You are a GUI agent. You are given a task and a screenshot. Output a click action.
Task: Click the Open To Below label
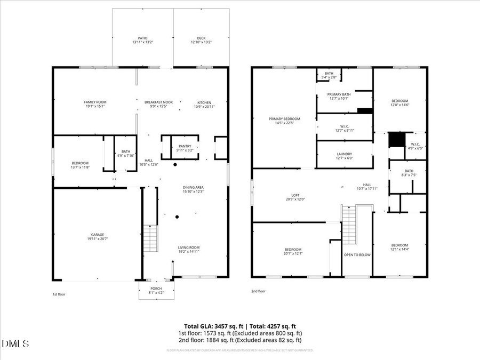click(357, 255)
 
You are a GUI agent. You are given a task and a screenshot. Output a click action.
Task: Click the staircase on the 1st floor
click(150, 239)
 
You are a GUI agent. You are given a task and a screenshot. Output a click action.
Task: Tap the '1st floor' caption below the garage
click(58, 294)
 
